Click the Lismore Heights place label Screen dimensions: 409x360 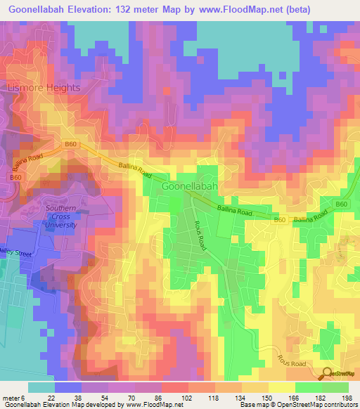(x=44, y=88)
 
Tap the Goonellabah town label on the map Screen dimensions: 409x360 (x=190, y=188)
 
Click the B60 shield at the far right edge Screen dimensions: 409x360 (x=341, y=204)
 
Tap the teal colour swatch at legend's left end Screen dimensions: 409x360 (x=41, y=387)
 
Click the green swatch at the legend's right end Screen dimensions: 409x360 (x=335, y=387)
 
